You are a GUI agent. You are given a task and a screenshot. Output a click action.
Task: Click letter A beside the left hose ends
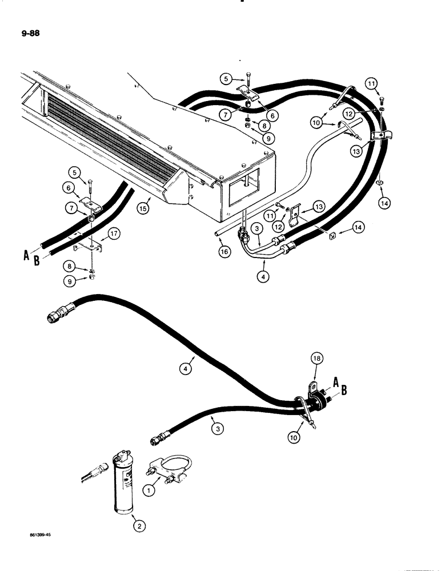click(x=26, y=256)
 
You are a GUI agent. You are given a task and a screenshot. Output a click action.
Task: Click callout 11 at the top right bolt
click(x=371, y=84)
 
